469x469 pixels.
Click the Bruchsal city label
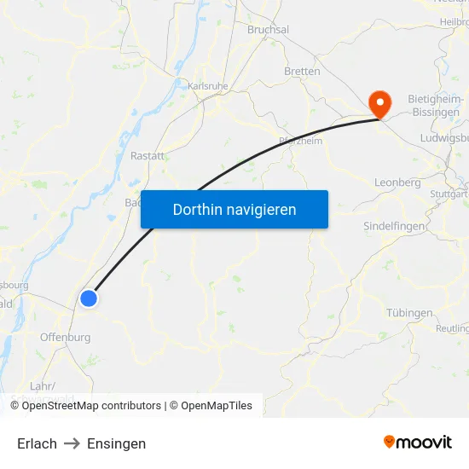coord(268,30)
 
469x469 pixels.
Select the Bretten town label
coord(302,72)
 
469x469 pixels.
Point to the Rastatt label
coord(148,156)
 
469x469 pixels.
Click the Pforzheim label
coord(300,142)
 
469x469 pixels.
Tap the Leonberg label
coord(397,182)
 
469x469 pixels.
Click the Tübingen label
coord(409,313)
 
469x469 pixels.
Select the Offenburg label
coord(65,337)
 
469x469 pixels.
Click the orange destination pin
coord(379,104)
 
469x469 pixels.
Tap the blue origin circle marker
coord(89,298)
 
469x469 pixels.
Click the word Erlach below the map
coord(37,443)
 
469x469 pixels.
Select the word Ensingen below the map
coord(116,443)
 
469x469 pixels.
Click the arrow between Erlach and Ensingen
coord(72,443)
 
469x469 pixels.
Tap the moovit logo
coord(418,442)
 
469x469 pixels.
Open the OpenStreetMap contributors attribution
coord(91,406)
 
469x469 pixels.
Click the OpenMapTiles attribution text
coord(215,406)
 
